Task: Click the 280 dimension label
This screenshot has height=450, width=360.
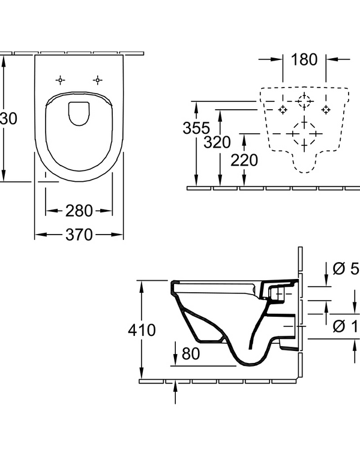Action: (79, 211)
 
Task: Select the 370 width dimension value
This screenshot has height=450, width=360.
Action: (79, 235)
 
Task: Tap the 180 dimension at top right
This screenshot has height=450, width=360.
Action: (304, 59)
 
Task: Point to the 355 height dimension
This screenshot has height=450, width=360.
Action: (197, 128)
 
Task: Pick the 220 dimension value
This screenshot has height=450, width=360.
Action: (244, 160)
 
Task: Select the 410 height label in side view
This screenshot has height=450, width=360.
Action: (142, 330)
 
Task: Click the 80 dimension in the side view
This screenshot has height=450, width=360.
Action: (190, 354)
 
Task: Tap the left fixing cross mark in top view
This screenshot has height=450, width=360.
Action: (60, 79)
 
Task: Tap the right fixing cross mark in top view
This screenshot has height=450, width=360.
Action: (97, 79)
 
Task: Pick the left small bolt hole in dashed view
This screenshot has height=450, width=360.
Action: (283, 109)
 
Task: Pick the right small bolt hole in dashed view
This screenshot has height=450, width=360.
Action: (326, 109)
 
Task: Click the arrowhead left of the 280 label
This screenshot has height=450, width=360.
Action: (51, 211)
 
